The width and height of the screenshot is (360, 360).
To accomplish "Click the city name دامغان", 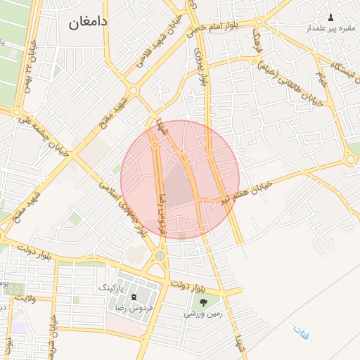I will (88, 22).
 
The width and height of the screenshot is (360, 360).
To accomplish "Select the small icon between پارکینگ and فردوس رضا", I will (134, 298).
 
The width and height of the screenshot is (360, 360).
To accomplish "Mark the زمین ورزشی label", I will (203, 314).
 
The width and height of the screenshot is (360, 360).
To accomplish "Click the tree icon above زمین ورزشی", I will (203, 302).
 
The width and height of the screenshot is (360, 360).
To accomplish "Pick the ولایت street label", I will (25, 298).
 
